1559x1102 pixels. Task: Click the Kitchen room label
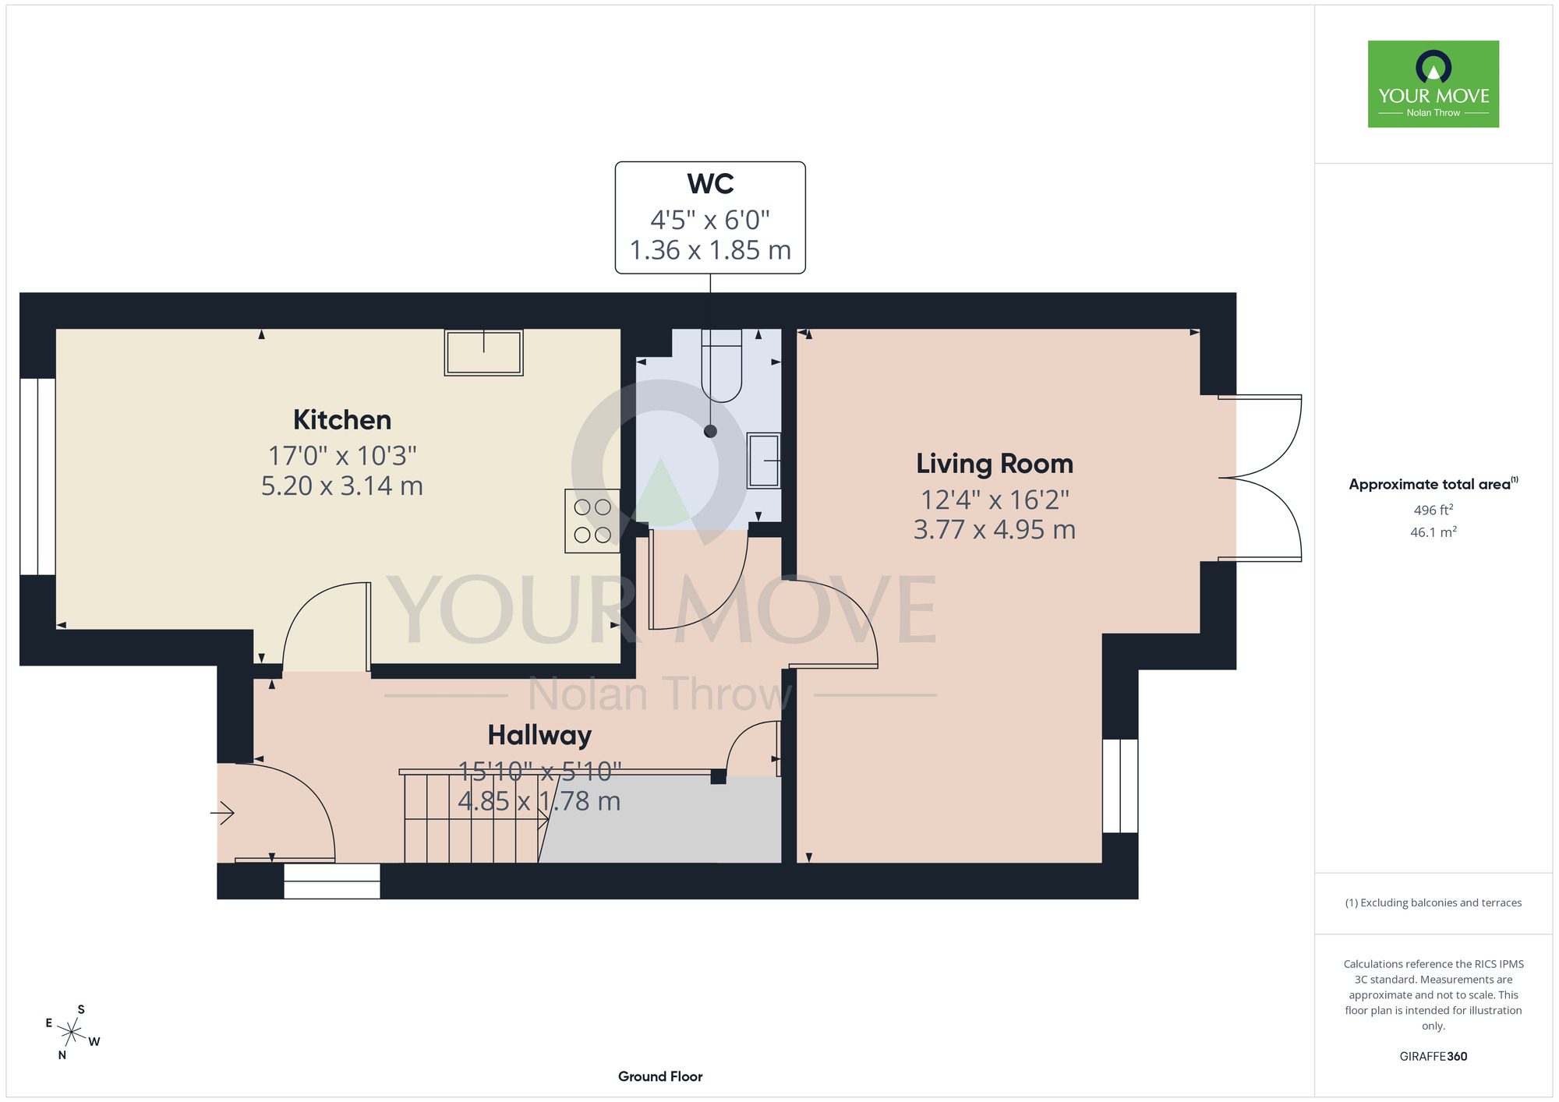pos(342,420)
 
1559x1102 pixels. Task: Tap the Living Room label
pos(995,464)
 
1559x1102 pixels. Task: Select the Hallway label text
pos(539,735)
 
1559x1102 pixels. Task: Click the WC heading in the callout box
pos(710,184)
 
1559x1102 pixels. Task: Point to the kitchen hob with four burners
pos(592,521)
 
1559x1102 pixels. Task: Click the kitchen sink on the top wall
pos(483,352)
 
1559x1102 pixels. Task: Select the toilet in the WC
pos(722,366)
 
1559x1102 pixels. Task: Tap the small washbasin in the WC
pos(764,461)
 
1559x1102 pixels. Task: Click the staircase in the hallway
pos(471,818)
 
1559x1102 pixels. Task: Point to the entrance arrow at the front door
pos(223,813)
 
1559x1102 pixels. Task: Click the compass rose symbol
pos(72,1033)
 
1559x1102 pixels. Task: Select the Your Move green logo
pos(1434,84)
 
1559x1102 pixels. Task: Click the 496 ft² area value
pos(1434,510)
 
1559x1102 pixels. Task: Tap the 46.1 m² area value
pos(1434,532)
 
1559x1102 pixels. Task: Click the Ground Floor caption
pos(660,1076)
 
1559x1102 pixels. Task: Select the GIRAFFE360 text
pos(1434,1057)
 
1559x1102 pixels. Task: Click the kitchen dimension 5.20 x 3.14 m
pos(342,486)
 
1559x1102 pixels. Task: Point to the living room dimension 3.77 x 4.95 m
pos(995,530)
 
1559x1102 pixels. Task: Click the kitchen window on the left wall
pos(37,476)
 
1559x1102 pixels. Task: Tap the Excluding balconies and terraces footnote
pos(1434,902)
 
